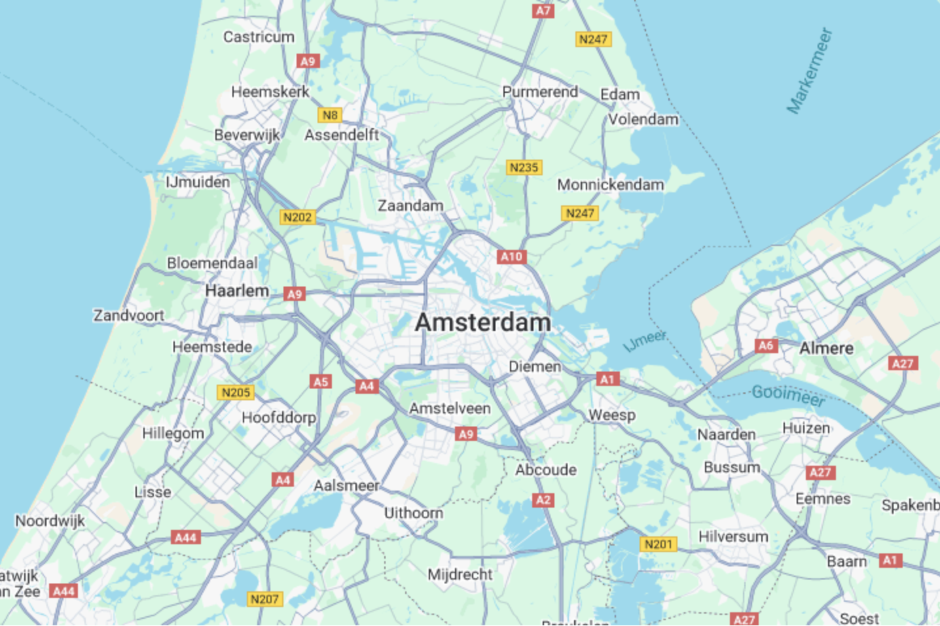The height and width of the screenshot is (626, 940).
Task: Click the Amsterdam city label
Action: click(x=482, y=322)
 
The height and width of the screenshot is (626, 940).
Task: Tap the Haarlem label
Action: click(x=237, y=291)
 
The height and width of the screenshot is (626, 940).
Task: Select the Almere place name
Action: click(x=826, y=348)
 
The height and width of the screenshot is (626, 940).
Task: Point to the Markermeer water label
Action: click(x=810, y=71)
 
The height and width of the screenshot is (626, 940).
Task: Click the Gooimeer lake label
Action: click(x=788, y=394)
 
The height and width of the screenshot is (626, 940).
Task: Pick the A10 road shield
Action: click(x=511, y=256)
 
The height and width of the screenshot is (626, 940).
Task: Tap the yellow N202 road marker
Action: click(x=297, y=217)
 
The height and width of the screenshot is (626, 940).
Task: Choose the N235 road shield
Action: click(x=524, y=167)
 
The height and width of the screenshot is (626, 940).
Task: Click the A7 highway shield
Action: click(x=543, y=10)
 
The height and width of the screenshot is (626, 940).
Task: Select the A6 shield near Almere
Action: click(x=766, y=345)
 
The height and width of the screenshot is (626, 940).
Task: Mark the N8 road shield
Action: click(x=330, y=115)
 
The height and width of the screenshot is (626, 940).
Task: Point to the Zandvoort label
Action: click(x=128, y=315)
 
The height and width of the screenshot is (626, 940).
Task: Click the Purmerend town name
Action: click(x=540, y=92)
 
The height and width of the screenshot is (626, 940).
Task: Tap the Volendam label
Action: click(x=643, y=119)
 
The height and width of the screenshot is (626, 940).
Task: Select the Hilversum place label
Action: click(x=733, y=536)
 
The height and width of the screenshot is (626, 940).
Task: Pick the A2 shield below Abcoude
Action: click(x=543, y=500)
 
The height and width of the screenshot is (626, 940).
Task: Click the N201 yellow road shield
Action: click(x=658, y=544)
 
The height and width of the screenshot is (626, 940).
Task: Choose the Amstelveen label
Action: click(x=450, y=408)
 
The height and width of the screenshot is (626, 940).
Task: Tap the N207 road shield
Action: click(x=264, y=599)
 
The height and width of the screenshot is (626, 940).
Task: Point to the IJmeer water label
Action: click(x=645, y=340)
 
